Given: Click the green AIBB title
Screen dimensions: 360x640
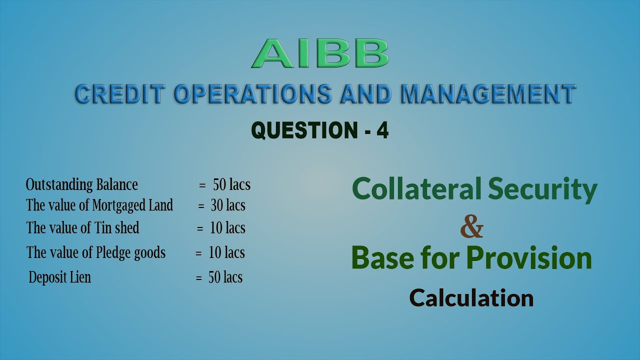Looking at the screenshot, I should click(x=320, y=53).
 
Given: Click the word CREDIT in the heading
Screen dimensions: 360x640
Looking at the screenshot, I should click(x=119, y=94).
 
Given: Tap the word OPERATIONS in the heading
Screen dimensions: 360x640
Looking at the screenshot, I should click(x=252, y=94).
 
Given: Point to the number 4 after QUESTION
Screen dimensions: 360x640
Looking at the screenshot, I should click(x=382, y=130).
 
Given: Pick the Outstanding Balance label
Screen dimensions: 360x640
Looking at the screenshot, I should click(x=81, y=184).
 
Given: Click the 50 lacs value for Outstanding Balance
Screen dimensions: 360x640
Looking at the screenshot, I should click(x=231, y=184).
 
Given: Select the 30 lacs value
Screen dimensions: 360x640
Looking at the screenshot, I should click(x=228, y=205).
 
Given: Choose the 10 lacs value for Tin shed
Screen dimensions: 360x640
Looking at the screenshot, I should click(x=227, y=228).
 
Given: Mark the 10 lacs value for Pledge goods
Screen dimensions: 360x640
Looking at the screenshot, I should click(x=226, y=252).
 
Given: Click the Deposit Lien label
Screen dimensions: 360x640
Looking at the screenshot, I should click(x=60, y=277).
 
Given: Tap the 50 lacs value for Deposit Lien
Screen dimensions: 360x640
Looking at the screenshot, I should click(x=225, y=277).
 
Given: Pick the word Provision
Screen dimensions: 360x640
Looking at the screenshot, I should click(x=529, y=258).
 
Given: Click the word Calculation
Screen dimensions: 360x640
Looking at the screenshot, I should click(x=471, y=298).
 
